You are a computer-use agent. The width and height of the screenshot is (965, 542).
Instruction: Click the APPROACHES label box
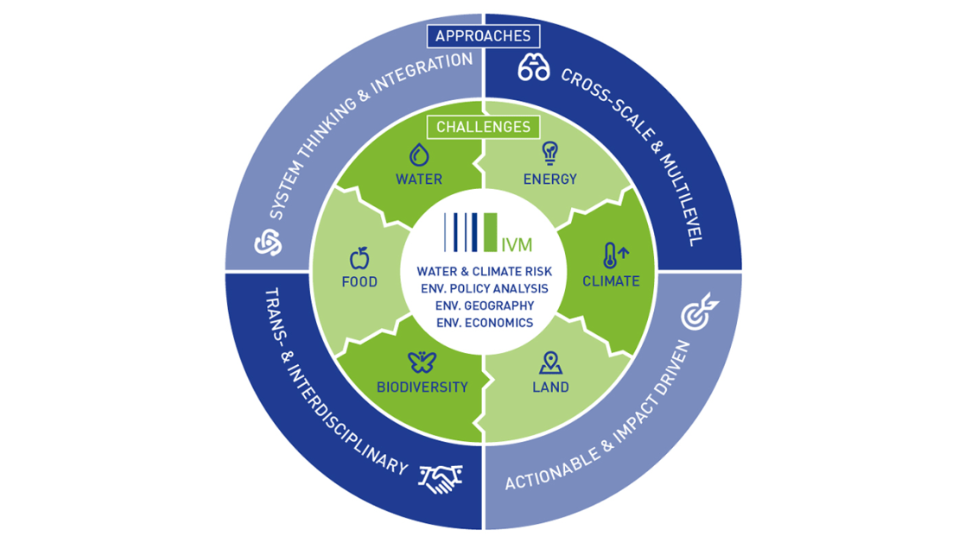pyautogui.click(x=483, y=36)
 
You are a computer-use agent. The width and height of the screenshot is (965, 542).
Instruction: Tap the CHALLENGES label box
pyautogui.click(x=482, y=127)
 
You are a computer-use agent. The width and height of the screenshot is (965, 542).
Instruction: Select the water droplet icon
pyautogui.click(x=419, y=154)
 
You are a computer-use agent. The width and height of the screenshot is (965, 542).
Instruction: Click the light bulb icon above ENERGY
pyautogui.click(x=549, y=154)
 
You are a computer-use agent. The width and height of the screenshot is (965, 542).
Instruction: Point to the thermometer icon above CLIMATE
pyautogui.click(x=612, y=255)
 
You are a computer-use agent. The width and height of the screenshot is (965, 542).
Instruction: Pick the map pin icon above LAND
pyautogui.click(x=550, y=362)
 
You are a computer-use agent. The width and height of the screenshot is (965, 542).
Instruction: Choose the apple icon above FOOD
pyautogui.click(x=359, y=257)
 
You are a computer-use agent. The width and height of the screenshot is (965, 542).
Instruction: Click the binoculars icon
pyautogui.click(x=534, y=70)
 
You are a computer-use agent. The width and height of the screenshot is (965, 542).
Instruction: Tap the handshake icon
pyautogui.click(x=441, y=477)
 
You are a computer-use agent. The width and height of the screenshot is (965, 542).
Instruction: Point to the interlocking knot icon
pyautogui.click(x=268, y=243)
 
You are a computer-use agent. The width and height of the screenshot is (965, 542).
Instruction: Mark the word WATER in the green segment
pyautogui.click(x=419, y=180)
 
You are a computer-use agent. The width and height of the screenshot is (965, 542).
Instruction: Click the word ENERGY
pyautogui.click(x=550, y=180)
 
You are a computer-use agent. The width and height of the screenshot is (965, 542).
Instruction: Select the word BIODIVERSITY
pyautogui.click(x=422, y=387)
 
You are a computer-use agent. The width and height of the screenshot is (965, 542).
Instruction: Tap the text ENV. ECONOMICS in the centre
pyautogui.click(x=483, y=323)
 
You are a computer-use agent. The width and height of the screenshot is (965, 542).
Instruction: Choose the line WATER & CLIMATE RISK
pyautogui.click(x=484, y=272)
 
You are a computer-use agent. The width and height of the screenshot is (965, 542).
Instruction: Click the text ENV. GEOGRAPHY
pyautogui.click(x=483, y=306)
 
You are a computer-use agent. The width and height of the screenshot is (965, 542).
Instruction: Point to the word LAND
pyautogui.click(x=550, y=387)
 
